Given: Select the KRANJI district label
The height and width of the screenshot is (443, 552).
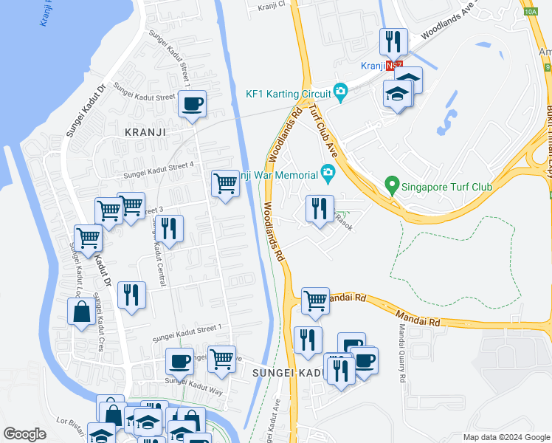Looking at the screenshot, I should (144, 131).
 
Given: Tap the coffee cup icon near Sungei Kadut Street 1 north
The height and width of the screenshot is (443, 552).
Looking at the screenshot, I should (192, 104).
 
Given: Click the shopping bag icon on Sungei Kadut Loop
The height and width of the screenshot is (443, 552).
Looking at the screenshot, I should (80, 312).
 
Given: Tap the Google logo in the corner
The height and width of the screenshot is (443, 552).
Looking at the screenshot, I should (24, 434).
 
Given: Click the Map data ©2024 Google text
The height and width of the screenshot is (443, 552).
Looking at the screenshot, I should (506, 437).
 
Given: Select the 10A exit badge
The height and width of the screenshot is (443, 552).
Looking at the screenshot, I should (530, 11).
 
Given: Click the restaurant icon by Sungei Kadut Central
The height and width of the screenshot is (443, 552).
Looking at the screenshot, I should (170, 230).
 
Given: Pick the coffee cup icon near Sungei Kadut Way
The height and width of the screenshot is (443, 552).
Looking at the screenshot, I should (179, 362).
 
